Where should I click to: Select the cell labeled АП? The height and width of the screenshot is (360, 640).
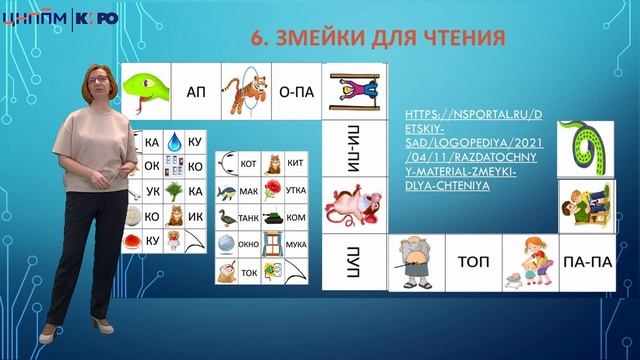tap(196, 91)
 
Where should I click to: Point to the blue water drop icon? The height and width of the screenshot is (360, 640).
tap(174, 142)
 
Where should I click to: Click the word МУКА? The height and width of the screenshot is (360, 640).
tap(296, 242)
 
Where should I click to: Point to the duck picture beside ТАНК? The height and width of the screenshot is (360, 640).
tap(228, 216)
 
